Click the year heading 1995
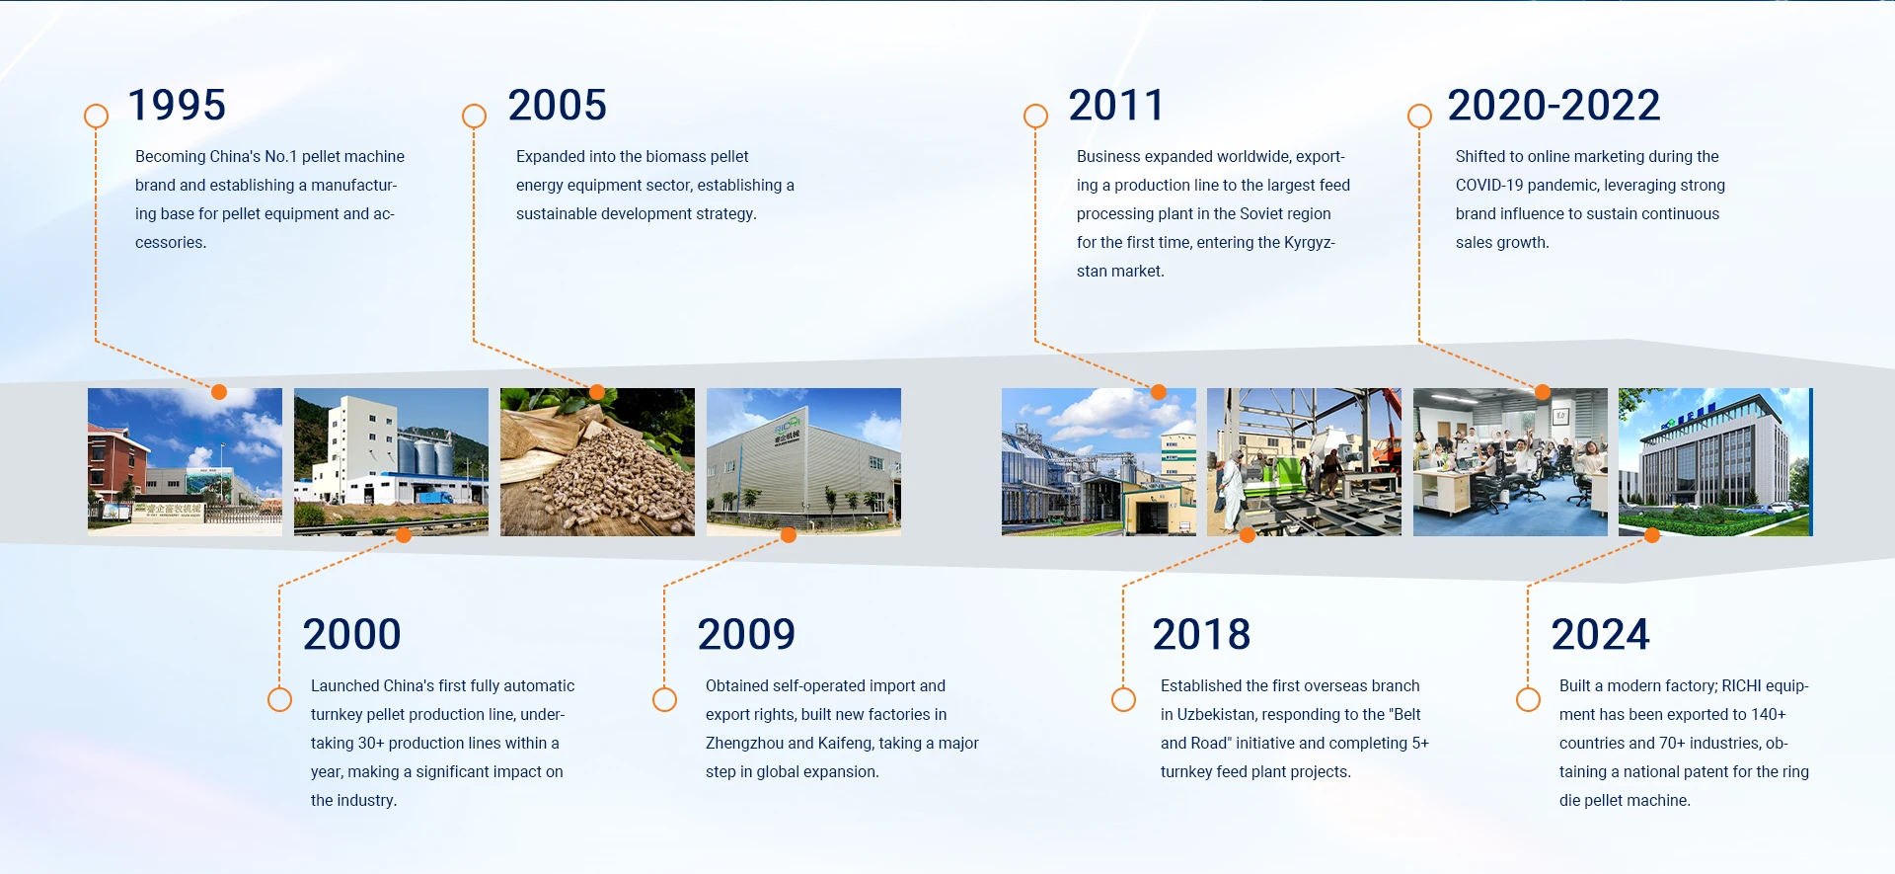(x=178, y=106)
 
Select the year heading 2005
(x=558, y=106)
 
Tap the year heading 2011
(x=1116, y=106)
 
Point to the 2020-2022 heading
(x=1554, y=106)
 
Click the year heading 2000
(x=352, y=634)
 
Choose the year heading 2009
(x=746, y=634)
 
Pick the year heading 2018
(x=1202, y=634)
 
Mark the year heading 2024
(x=1601, y=634)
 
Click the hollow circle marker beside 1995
(x=96, y=117)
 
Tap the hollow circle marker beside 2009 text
(x=664, y=699)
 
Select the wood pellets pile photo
(x=597, y=462)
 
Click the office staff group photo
(x=1510, y=462)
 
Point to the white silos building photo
(x=391, y=462)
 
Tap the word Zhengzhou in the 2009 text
(x=744, y=744)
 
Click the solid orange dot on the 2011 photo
(x=1159, y=392)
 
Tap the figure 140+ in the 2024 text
(x=1769, y=715)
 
